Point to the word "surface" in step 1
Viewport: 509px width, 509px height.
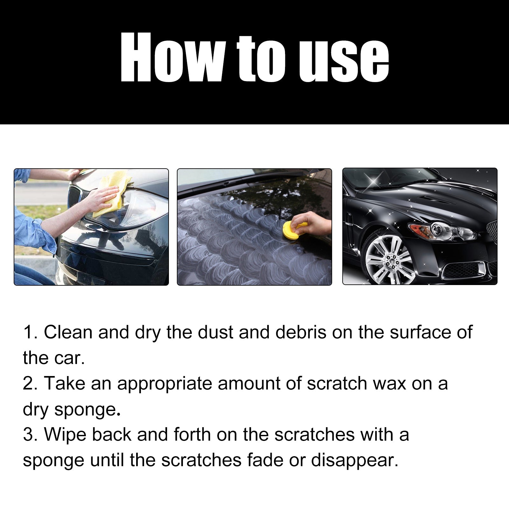point(420,332)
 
